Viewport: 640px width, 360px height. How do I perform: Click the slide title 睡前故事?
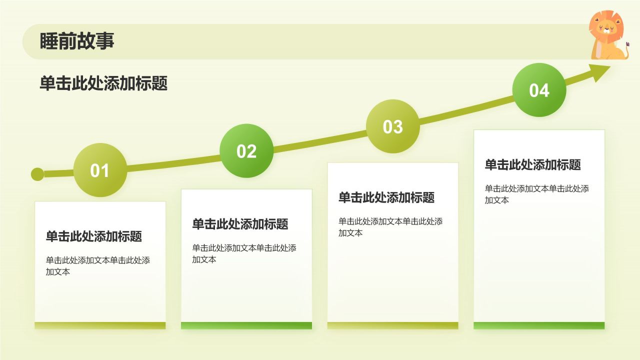point(77,41)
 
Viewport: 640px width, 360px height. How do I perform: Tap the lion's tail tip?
point(627,45)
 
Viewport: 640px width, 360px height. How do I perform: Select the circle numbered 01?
point(100,170)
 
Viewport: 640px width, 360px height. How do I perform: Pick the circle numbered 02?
point(246,151)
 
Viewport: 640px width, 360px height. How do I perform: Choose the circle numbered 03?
point(392,126)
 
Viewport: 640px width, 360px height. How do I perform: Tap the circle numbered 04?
point(539,90)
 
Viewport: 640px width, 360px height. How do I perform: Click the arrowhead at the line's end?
point(601,72)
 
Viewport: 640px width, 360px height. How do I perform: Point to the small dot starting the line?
point(37,174)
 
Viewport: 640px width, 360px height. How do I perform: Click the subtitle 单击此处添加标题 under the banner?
point(103,83)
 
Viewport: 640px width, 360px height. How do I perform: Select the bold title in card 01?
point(94,236)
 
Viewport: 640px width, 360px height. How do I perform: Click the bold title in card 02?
point(240,224)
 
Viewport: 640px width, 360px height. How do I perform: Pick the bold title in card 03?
point(386,197)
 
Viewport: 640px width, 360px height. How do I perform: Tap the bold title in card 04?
point(533,164)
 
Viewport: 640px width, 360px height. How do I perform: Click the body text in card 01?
point(97,266)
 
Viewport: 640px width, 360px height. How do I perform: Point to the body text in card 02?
point(244,253)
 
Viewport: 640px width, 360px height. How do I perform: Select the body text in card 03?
point(390,227)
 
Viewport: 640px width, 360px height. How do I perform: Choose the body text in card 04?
point(536,194)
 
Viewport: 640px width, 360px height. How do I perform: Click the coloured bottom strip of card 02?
point(246,325)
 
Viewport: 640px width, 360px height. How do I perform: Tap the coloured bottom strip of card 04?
point(539,325)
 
